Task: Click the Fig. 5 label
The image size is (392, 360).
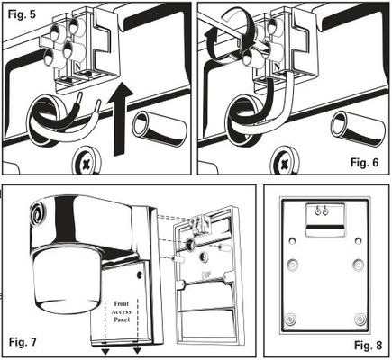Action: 22,14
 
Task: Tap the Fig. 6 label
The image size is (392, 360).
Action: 365,162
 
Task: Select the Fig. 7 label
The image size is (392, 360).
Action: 23,342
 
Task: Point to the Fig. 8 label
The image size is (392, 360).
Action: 369,346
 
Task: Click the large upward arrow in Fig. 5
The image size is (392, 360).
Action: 121,119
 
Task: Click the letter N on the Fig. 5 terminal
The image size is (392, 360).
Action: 77,66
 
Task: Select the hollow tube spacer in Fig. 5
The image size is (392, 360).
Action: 160,128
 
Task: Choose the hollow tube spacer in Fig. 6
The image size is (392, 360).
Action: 358,128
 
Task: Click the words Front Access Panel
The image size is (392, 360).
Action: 122,311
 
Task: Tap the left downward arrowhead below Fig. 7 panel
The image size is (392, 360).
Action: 105,351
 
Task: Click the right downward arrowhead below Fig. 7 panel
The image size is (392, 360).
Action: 138,351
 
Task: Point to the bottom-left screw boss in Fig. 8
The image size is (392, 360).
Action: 290,319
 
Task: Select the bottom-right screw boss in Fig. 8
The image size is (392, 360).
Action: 360,319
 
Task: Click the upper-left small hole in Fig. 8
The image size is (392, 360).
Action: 292,240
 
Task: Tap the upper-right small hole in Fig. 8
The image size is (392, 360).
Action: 358,240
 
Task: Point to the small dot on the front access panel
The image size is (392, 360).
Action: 140,274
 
